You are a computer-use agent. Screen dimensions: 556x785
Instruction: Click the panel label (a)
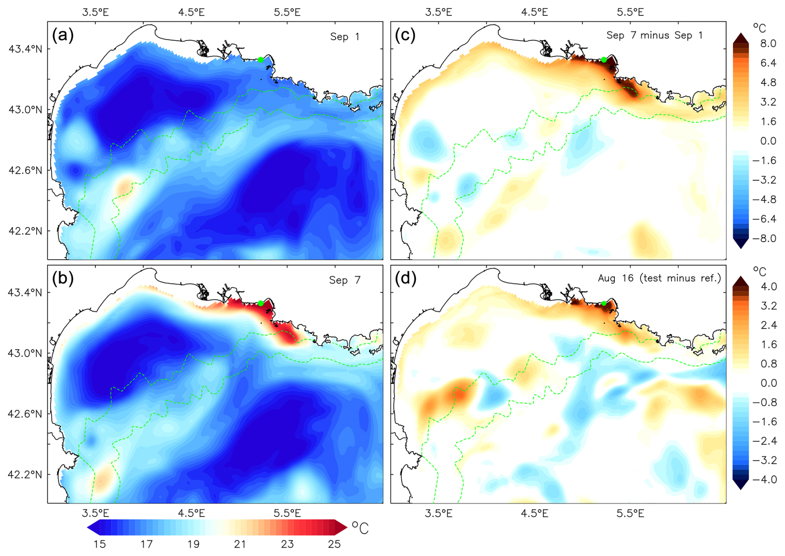point(63,35)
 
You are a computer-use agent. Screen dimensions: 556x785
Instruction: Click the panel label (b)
point(63,279)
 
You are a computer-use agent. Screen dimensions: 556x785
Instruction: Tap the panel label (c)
point(405,35)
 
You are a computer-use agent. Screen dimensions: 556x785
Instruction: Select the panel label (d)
point(405,279)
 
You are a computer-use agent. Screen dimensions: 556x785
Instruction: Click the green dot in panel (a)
point(261,60)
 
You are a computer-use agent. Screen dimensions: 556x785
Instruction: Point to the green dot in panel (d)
point(604,304)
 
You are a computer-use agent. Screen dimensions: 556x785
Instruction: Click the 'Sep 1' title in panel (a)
point(345,37)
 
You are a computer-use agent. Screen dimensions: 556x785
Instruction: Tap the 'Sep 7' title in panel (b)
point(345,280)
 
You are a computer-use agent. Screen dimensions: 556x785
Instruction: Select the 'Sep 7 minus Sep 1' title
point(655,35)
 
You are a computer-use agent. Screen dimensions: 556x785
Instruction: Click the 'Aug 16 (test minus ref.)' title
point(659,278)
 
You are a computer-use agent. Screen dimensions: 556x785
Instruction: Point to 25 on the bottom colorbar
point(334,544)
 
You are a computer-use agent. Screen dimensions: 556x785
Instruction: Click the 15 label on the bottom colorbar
point(100,544)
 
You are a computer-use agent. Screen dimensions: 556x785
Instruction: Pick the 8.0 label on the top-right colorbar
point(768,44)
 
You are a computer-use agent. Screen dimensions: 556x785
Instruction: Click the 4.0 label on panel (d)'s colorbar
point(768,287)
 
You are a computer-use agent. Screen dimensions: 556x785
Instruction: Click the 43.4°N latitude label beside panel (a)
point(25,49)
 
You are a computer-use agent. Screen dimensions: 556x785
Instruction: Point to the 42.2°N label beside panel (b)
point(25,475)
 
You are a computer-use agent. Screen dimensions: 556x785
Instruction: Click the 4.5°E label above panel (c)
point(534,12)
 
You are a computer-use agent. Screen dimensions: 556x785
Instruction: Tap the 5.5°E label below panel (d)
point(630,514)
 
